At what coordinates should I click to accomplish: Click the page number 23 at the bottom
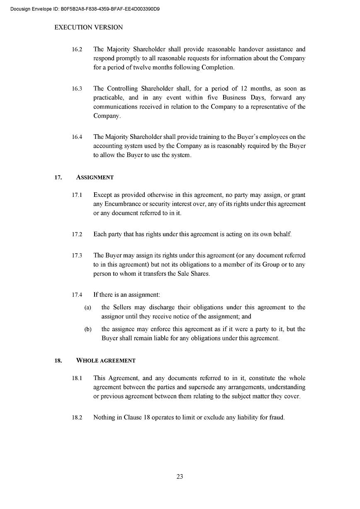tap(180, 477)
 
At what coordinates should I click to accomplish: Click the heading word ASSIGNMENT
tap(95, 177)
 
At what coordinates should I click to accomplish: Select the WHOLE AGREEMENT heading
tap(106, 361)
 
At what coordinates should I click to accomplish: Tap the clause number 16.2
tap(77, 49)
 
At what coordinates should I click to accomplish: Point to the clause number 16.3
tap(77, 89)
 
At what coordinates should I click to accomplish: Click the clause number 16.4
tap(77, 137)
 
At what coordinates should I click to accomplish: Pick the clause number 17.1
tap(77, 195)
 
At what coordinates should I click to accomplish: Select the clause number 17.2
tap(77, 235)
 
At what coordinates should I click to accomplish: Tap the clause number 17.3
tap(77, 256)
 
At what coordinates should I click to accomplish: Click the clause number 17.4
tap(77, 295)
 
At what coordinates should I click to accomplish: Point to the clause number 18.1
tap(77, 378)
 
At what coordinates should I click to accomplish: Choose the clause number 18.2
tap(77, 418)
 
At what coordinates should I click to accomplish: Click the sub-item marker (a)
tap(88, 308)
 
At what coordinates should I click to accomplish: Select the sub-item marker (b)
tap(88, 330)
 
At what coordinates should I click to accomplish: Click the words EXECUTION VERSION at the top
tap(89, 27)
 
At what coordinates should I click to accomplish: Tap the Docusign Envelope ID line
tap(85, 8)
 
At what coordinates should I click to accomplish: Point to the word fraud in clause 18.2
tap(276, 417)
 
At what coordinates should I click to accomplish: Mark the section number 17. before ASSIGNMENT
tap(58, 177)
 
